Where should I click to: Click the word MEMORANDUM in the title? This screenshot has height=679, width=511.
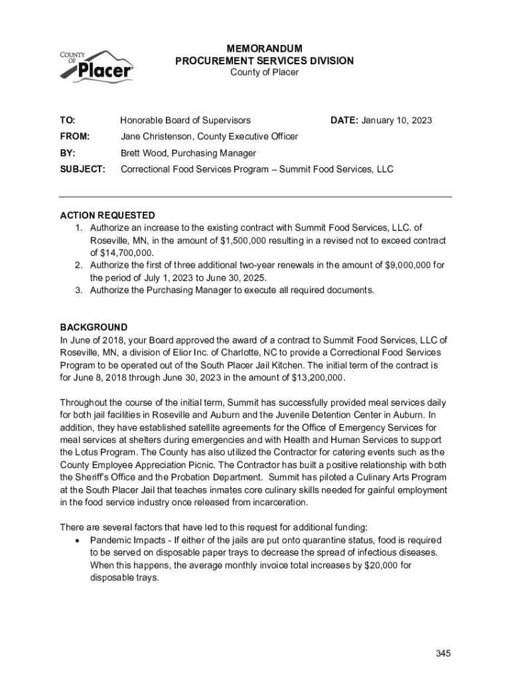(264, 49)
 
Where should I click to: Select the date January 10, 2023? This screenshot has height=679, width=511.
(397, 121)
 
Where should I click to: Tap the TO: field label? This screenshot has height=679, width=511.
(68, 121)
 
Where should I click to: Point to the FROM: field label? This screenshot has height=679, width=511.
(75, 137)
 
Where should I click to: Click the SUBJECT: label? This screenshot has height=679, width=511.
(83, 169)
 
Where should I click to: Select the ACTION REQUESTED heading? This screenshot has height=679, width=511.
(108, 216)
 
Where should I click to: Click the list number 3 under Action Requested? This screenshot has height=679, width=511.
(77, 290)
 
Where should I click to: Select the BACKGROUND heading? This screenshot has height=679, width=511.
(94, 328)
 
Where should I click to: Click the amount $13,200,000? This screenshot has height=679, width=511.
(318, 377)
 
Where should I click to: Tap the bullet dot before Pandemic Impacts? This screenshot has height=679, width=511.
(80, 540)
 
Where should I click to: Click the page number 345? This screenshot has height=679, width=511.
(443, 654)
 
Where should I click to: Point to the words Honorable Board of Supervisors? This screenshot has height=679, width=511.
(185, 121)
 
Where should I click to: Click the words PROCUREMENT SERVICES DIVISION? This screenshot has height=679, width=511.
(264, 61)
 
